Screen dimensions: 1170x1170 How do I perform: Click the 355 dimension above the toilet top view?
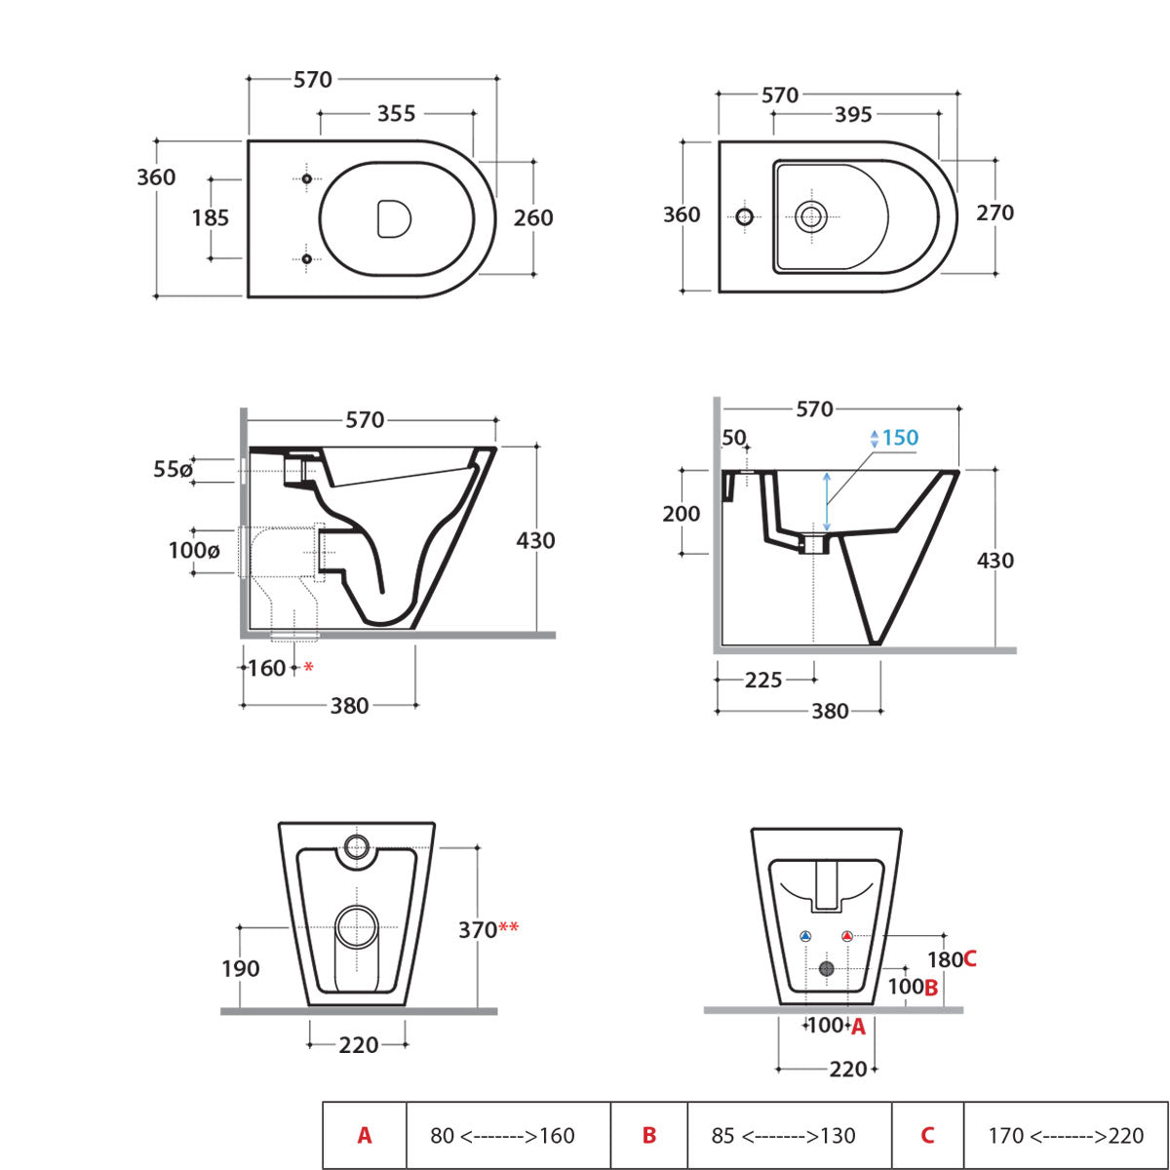[396, 114]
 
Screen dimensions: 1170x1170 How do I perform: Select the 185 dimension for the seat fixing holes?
[211, 217]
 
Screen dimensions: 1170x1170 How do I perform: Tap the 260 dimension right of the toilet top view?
[533, 217]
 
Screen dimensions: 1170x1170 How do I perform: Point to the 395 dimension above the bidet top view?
[853, 115]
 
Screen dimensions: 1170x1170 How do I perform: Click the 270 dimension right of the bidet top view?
[994, 213]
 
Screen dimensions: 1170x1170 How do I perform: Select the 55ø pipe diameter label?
[173, 470]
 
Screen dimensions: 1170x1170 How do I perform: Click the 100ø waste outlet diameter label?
[194, 551]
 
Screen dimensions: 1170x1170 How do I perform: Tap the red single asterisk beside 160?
[309, 668]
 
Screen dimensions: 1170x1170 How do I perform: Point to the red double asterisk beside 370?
[509, 928]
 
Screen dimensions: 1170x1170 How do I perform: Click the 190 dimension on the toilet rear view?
[240, 968]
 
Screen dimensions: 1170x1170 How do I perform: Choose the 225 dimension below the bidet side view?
[763, 680]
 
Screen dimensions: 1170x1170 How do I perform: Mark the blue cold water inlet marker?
[806, 936]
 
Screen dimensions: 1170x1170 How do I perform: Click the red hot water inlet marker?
[846, 936]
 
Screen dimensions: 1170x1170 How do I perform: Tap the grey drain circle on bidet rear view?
[827, 968]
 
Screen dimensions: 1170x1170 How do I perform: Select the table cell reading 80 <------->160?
[502, 1136]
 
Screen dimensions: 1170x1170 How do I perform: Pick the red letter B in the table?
[649, 1136]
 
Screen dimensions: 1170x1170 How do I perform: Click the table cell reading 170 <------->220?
[1066, 1136]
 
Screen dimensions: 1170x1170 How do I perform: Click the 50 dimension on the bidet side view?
[733, 439]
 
